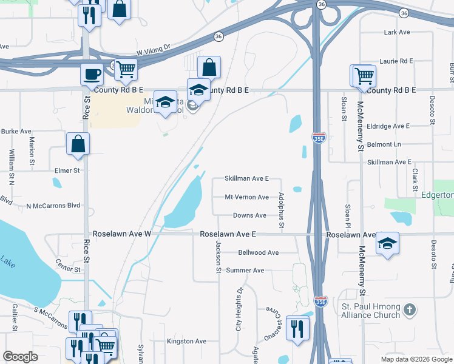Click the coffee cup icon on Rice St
[x=92, y=74]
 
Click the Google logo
[x=21, y=357]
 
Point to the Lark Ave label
[x=398, y=32]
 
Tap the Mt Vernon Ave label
[x=246, y=197]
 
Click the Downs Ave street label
[x=249, y=215]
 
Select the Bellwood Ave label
[x=259, y=252]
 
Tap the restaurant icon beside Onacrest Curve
[x=297, y=329]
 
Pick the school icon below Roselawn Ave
[x=387, y=243]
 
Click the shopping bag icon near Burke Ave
[x=78, y=143]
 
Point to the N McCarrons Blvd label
[x=53, y=206]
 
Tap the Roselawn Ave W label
[x=121, y=234]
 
